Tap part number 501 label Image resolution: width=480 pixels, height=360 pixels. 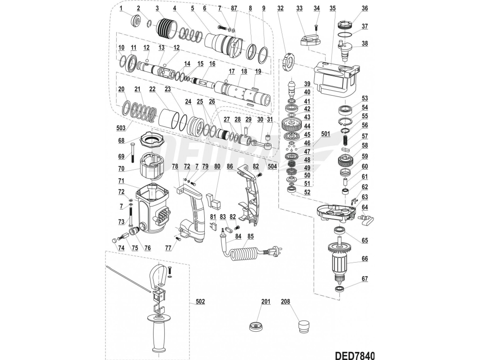click(326, 134)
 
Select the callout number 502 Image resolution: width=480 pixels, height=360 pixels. click(200, 302)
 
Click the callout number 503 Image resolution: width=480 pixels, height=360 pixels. click(120, 128)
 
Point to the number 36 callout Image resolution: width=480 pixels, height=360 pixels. click(365, 8)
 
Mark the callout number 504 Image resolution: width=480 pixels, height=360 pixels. click(272, 167)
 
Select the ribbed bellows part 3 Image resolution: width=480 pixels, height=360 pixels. click(164, 30)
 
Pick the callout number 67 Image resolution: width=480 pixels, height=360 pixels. click(365, 279)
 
